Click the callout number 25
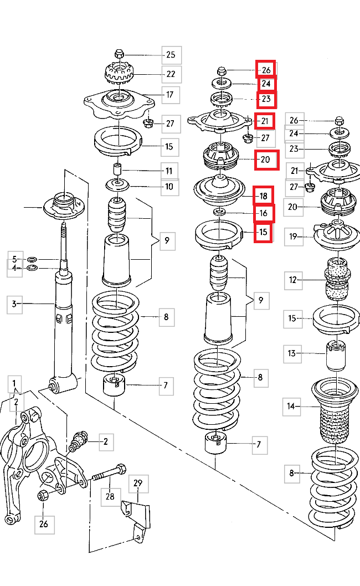click(171, 54)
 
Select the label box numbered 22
click(171, 74)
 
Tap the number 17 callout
click(171, 95)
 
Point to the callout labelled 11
click(168, 171)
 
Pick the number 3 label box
click(15, 304)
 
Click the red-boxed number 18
click(264, 196)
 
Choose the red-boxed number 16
click(264, 213)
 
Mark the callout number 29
click(138, 484)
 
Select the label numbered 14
click(291, 407)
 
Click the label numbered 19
click(294, 238)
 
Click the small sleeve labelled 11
click(117, 168)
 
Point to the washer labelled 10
click(117, 185)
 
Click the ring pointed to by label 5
click(32, 258)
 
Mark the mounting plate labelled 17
click(118, 103)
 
